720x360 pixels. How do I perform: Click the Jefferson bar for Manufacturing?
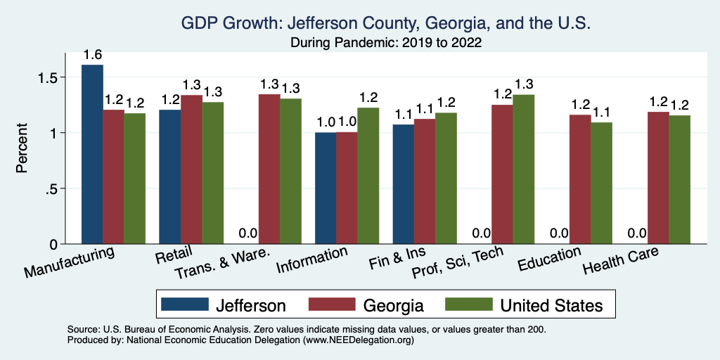[x=92, y=155]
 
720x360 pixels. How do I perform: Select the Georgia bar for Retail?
[x=192, y=169]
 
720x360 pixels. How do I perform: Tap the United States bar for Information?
[x=368, y=176]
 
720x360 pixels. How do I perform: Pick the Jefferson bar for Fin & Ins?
[x=403, y=184]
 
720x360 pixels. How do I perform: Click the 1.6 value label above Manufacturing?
[x=92, y=55]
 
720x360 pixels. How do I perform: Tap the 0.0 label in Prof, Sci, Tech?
[x=481, y=233]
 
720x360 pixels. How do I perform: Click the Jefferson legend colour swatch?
[x=185, y=304]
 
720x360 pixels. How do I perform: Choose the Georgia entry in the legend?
[x=393, y=305]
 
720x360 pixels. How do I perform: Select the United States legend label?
[x=551, y=305]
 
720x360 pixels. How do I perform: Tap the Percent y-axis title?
[x=22, y=148]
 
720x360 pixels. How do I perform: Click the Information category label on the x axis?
[x=313, y=259]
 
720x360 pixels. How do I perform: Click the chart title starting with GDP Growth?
[x=385, y=23]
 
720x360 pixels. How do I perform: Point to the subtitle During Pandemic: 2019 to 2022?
[x=385, y=43]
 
